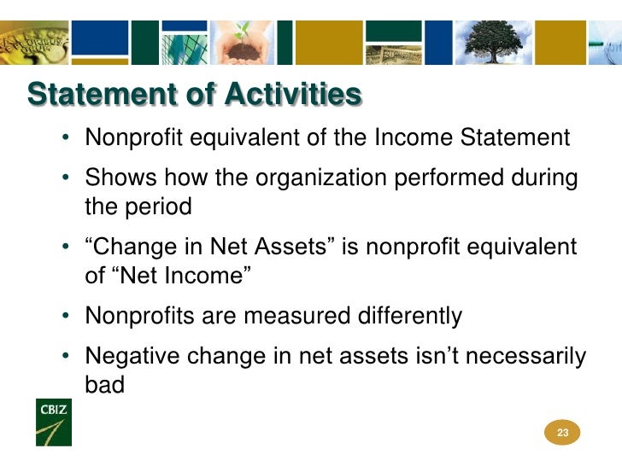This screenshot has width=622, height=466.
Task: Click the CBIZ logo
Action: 54,422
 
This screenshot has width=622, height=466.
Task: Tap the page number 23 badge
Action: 562,433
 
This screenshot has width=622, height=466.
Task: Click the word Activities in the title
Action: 294,94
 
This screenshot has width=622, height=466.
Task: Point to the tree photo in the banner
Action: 494,43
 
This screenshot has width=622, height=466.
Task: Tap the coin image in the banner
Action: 34,43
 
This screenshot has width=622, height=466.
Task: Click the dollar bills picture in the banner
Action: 394,55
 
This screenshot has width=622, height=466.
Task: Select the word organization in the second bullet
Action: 321,178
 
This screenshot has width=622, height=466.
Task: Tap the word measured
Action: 296,316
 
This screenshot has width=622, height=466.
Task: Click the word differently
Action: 410,317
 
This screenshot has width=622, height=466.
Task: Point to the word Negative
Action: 132,355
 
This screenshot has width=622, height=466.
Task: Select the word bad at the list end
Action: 105,384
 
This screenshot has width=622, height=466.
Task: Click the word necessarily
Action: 525,356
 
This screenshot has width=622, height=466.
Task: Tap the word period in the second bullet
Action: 158,207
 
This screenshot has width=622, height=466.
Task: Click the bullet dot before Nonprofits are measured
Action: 66,316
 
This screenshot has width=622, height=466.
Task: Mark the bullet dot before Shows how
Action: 66,178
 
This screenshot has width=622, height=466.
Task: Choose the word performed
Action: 449,178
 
